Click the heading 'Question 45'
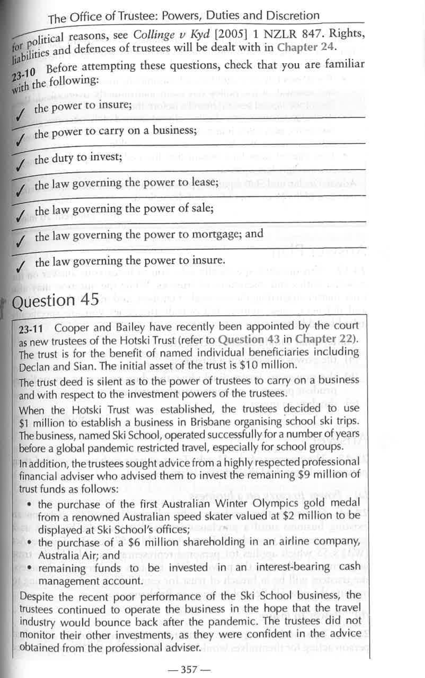[55, 300]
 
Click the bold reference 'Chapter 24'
[306, 47]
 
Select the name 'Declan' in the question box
[33, 366]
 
